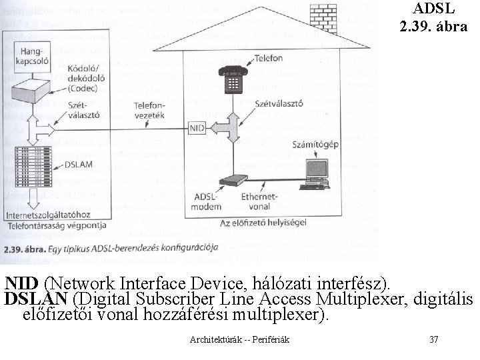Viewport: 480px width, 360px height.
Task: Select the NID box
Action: (x=197, y=127)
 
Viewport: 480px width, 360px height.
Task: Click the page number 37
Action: (x=434, y=340)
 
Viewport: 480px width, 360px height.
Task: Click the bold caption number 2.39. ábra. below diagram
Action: (x=23, y=249)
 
